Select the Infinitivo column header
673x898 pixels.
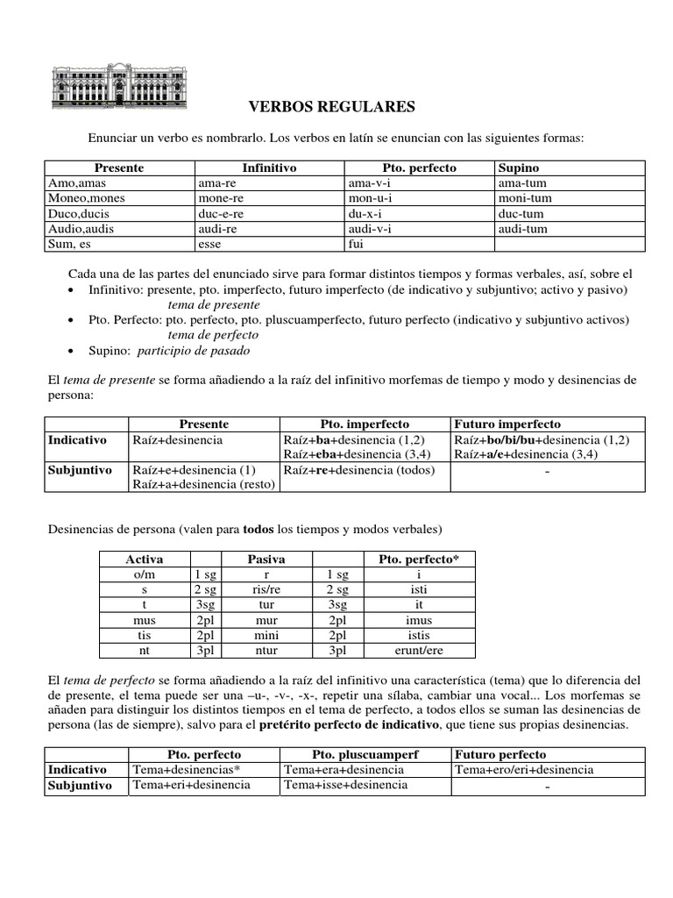pyautogui.click(x=269, y=167)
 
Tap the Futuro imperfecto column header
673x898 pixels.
pyautogui.click(x=507, y=424)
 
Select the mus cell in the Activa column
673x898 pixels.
pyautogui.click(x=145, y=620)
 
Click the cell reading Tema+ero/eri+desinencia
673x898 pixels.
pyautogui.click(x=523, y=770)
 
